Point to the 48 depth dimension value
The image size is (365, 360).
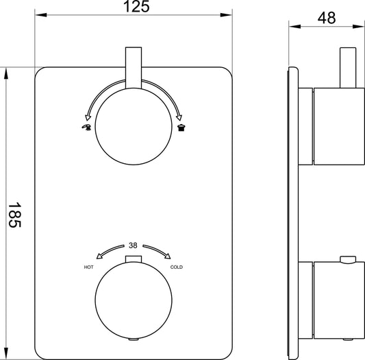(x=327, y=19)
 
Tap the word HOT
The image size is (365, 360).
(x=89, y=267)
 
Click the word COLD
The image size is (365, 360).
(x=177, y=267)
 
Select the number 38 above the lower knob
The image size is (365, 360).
(x=134, y=245)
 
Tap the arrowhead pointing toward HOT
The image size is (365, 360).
(x=99, y=257)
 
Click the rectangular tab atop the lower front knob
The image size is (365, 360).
(x=134, y=259)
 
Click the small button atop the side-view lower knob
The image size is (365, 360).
(x=349, y=259)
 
